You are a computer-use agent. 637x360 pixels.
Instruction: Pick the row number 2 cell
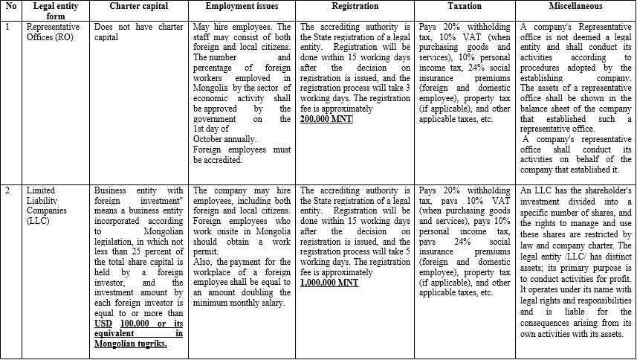click(x=7, y=190)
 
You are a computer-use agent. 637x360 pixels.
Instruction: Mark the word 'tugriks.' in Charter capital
click(x=150, y=344)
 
